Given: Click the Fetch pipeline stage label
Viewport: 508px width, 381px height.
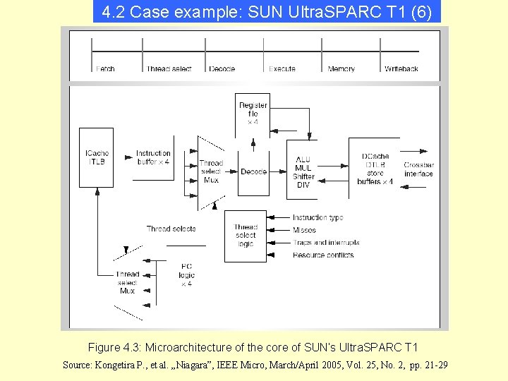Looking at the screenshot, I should pyautogui.click(x=105, y=69).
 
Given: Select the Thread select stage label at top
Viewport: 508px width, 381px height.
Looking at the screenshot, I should pyautogui.click(x=169, y=69).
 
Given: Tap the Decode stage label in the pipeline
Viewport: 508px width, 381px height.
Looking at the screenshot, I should pyautogui.click(x=222, y=69).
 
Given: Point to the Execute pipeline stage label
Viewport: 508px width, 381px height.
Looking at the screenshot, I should pyautogui.click(x=282, y=69).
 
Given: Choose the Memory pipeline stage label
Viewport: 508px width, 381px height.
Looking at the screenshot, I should pyautogui.click(x=341, y=69).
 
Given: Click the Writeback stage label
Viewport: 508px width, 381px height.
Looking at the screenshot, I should pyautogui.click(x=401, y=69).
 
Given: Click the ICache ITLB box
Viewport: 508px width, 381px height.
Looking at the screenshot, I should pyautogui.click(x=96, y=157).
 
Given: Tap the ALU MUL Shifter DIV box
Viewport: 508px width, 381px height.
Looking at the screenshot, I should pyautogui.click(x=303, y=172).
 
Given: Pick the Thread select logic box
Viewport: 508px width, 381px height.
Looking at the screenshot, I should pyautogui.click(x=246, y=236).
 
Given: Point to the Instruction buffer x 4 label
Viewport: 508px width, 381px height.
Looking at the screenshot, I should pyautogui.click(x=153, y=157).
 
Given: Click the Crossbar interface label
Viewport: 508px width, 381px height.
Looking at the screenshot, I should pyautogui.click(x=418, y=169).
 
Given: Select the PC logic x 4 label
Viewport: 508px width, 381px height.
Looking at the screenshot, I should pyautogui.click(x=186, y=274).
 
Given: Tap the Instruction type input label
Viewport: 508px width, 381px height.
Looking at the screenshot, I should pyautogui.click(x=317, y=218).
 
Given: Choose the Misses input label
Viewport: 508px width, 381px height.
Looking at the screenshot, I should pyautogui.click(x=304, y=230).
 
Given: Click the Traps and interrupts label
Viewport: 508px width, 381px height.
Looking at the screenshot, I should pyautogui.click(x=326, y=243).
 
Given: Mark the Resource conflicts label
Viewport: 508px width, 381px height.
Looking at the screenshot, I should pyautogui.click(x=323, y=255).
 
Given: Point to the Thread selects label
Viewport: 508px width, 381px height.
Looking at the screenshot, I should pyautogui.click(x=171, y=229).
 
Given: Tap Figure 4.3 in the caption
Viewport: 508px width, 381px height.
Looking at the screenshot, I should pyautogui.click(x=114, y=348).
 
